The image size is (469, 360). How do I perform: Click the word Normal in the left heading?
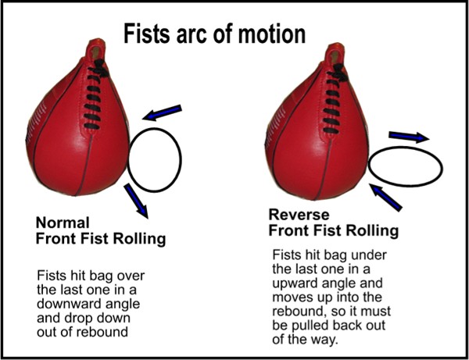(x=63, y=223)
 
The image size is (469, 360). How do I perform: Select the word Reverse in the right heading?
(x=299, y=215)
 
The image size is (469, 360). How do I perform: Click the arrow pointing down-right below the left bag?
(x=136, y=201)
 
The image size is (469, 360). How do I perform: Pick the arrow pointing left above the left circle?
(x=162, y=112)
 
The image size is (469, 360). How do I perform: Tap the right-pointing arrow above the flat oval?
(x=409, y=137)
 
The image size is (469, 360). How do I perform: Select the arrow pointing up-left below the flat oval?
(x=385, y=198)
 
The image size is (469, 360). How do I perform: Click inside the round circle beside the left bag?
(x=154, y=160)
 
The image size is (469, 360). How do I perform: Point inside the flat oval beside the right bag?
(x=405, y=167)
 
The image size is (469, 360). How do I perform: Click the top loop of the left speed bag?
(x=96, y=48)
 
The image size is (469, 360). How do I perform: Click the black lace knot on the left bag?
(x=101, y=68)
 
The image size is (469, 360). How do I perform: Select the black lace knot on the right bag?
(x=340, y=73)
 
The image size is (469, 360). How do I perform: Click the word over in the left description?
(x=131, y=276)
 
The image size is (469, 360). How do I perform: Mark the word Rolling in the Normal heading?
(x=139, y=239)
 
